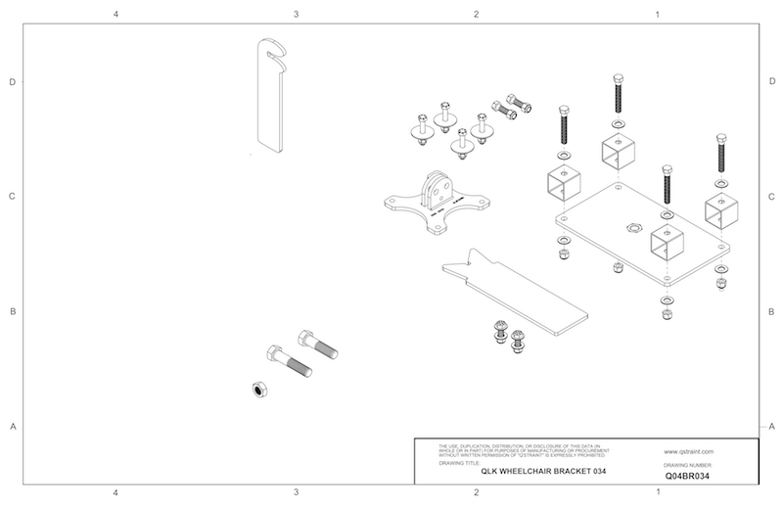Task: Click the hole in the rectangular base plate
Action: pos(632,227)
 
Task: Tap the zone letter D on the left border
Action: pos(12,82)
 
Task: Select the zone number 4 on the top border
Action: pos(115,16)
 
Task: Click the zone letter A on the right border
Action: pos(772,426)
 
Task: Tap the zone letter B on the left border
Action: pos(12,312)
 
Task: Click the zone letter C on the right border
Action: pos(772,197)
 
